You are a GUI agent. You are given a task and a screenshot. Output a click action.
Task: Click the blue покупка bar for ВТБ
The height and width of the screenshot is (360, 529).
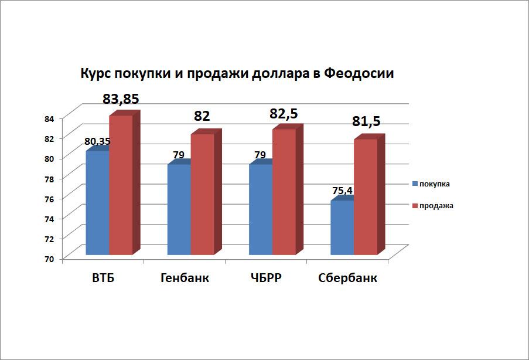point(97,203)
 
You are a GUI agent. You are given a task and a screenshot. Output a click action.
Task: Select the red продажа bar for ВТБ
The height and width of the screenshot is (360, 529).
point(120,185)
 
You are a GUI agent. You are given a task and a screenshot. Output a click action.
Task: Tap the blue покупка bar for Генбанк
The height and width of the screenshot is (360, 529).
point(179,209)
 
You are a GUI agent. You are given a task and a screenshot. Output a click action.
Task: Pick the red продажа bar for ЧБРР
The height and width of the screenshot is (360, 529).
point(284,192)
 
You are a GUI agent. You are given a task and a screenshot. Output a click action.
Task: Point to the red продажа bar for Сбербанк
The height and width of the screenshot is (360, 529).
point(366,197)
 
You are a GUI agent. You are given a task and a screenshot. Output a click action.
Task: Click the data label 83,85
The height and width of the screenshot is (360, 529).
point(121,99)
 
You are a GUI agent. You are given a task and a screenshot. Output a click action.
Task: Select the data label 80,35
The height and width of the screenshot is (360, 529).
point(97,141)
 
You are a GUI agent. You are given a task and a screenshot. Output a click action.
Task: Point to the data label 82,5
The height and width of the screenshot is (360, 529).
point(284,113)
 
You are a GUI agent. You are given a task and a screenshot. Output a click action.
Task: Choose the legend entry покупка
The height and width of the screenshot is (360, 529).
point(434,184)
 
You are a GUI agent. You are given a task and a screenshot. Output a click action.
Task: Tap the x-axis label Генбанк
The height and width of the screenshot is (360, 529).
point(185,278)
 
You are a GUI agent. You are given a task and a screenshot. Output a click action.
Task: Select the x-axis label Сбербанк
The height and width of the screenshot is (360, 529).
point(347,278)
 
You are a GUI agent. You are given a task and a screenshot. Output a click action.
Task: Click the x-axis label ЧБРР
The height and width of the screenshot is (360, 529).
point(266,278)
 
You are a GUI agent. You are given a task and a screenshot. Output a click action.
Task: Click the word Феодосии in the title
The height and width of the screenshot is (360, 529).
point(359,74)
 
